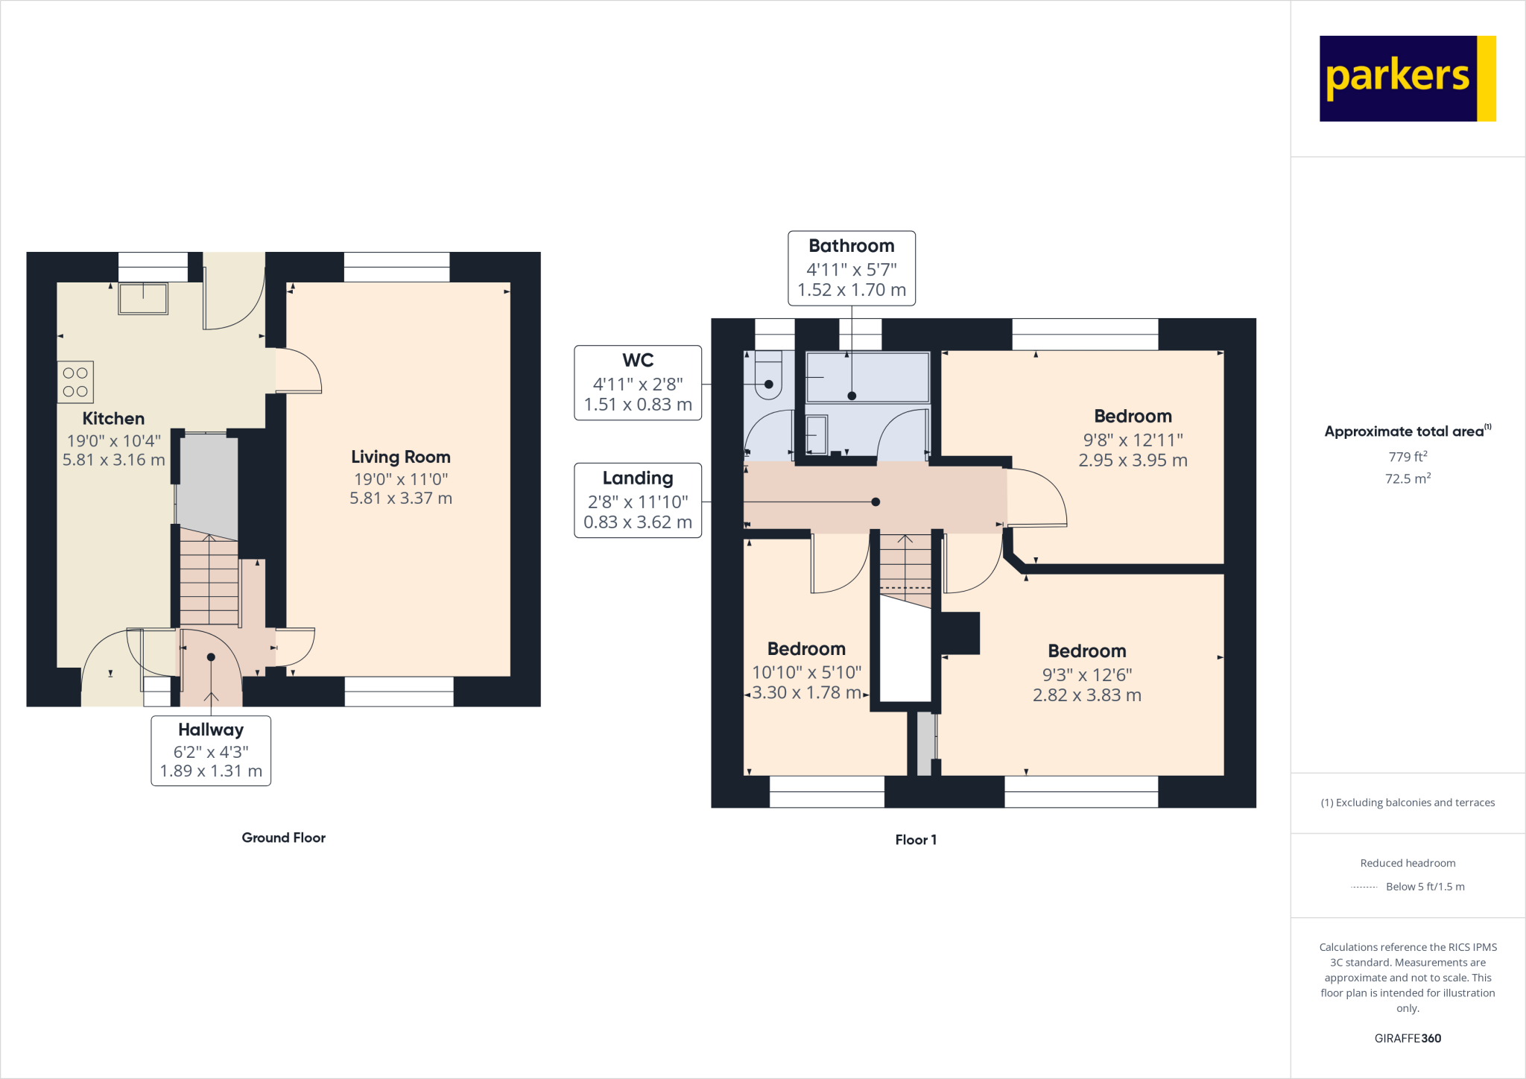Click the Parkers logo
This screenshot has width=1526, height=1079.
[x=1407, y=78]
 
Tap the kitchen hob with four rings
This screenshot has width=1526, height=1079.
[x=75, y=382]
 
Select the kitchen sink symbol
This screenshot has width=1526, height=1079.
[x=143, y=299]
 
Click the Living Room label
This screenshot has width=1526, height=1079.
[x=401, y=457]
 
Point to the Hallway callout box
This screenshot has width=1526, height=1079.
[x=211, y=750]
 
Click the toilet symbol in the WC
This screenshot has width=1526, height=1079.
[x=768, y=376]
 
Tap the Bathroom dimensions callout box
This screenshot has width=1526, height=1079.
[x=852, y=268]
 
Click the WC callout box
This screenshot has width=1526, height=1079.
[x=638, y=383]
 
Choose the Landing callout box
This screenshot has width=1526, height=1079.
[x=638, y=500]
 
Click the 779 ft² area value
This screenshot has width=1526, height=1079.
[x=1408, y=457]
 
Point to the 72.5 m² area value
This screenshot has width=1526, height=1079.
[x=1408, y=478]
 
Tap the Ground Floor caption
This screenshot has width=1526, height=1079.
[x=283, y=838]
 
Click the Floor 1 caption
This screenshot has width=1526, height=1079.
[x=916, y=840]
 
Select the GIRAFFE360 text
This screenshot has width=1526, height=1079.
[x=1408, y=1038]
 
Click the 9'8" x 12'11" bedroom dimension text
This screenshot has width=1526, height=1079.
[x=1133, y=440]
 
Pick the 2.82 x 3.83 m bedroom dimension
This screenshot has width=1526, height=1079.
[x=1086, y=695]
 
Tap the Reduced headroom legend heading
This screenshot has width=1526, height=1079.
[x=1408, y=863]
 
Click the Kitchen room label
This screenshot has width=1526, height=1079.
[x=113, y=419]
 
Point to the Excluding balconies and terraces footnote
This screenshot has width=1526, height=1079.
[x=1408, y=803]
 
